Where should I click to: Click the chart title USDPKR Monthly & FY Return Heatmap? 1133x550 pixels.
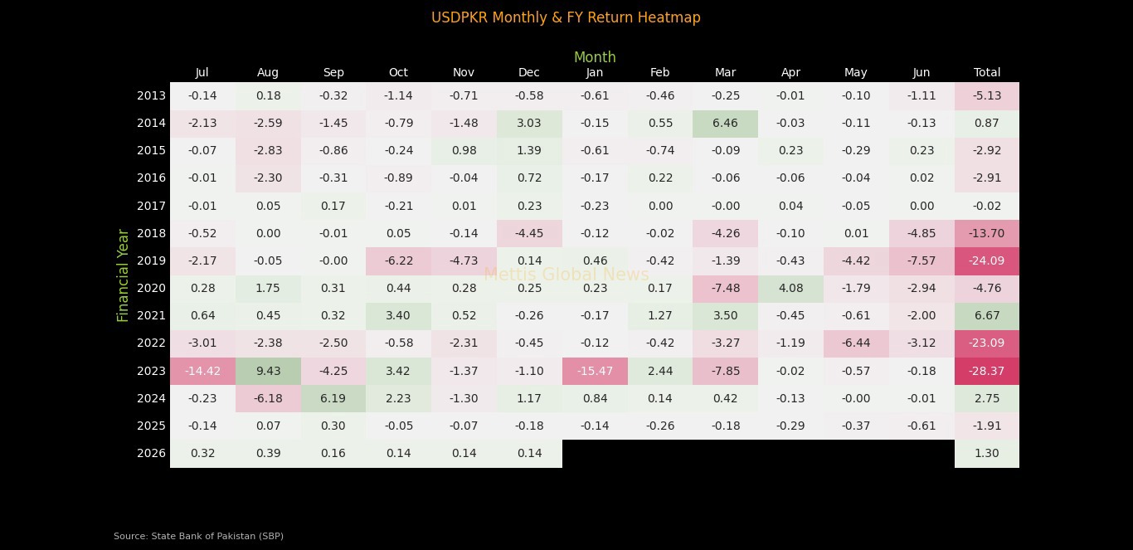click(x=566, y=17)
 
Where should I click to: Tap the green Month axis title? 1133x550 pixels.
click(x=595, y=57)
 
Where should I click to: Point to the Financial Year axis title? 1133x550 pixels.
click(x=124, y=275)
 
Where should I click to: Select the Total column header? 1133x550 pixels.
click(x=986, y=72)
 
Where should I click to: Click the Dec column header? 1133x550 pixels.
click(x=529, y=72)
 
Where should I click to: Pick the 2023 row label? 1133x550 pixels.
click(x=151, y=371)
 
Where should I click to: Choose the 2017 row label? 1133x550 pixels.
click(x=151, y=206)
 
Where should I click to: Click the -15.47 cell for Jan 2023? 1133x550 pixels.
click(x=595, y=371)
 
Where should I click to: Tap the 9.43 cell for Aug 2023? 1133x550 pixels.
click(x=268, y=371)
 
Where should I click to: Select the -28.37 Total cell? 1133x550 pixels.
click(x=986, y=371)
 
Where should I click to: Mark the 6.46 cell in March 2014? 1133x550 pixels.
click(x=725, y=123)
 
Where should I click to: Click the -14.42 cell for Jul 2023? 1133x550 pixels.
click(x=202, y=371)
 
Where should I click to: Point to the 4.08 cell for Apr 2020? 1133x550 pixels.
click(x=790, y=288)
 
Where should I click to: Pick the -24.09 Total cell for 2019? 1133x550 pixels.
click(x=986, y=260)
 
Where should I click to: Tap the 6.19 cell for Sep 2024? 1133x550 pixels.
click(x=333, y=398)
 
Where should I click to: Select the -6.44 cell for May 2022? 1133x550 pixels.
click(x=856, y=343)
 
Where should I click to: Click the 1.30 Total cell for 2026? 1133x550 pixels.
click(x=986, y=453)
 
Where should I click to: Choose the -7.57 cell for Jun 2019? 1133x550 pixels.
click(x=921, y=260)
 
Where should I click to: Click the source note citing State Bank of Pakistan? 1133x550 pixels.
click(x=198, y=536)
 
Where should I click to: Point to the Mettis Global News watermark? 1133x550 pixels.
click(x=566, y=275)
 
